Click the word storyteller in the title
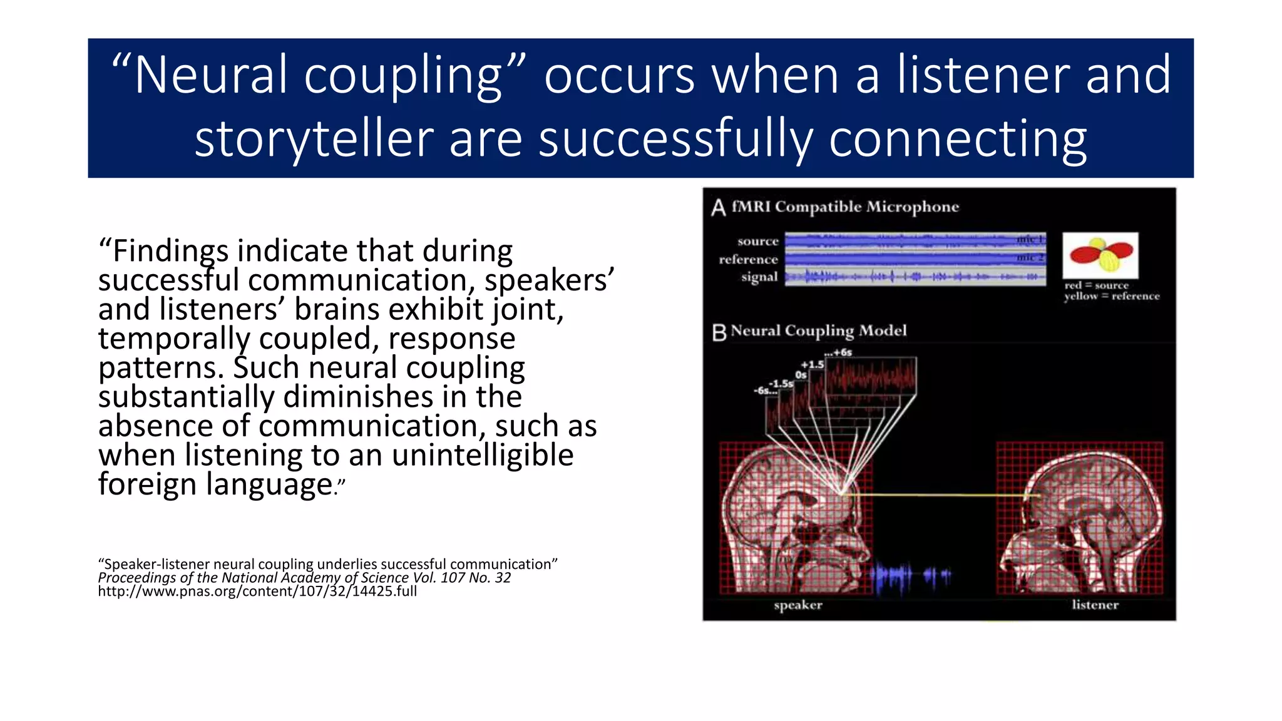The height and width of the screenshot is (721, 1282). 314,140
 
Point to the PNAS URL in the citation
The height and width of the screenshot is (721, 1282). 257,591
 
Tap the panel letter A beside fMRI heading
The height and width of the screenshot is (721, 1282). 718,208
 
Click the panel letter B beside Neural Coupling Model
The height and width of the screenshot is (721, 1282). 719,332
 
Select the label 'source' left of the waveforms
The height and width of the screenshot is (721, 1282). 757,242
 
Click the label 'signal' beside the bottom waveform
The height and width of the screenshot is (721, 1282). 759,277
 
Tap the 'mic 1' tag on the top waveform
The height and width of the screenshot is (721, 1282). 1030,239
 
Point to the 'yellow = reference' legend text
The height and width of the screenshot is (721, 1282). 1112,297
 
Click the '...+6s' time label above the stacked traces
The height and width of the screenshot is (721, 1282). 838,352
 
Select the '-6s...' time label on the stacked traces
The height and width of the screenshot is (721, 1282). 765,391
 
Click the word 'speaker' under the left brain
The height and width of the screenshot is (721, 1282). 797,605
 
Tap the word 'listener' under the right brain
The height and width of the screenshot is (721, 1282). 1095,605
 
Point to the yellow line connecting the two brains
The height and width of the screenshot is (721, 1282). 939,495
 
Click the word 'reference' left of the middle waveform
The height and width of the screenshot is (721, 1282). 748,259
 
